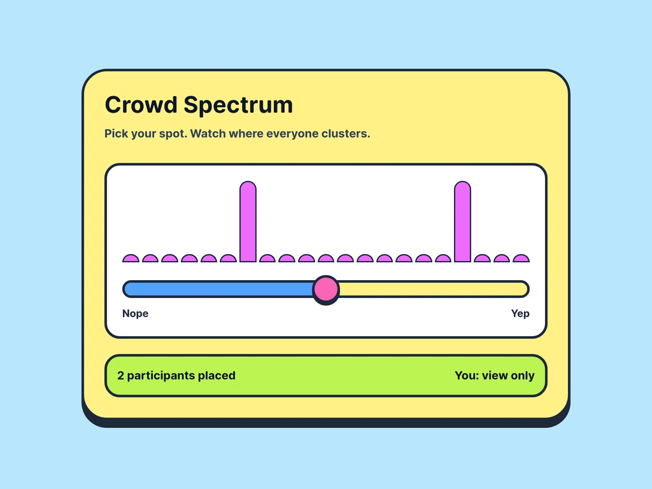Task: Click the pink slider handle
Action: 326,289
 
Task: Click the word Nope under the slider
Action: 135,313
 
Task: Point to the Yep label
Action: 520,313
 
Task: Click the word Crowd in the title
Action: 141,105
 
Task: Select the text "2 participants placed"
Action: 176,376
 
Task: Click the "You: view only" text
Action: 494,376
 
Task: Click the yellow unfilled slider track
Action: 433,289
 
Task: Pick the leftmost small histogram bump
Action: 131,259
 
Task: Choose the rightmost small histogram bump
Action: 521,259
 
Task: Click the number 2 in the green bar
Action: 121,376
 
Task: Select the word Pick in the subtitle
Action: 116,134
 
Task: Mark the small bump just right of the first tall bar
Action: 267,259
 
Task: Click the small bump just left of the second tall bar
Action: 443,259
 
